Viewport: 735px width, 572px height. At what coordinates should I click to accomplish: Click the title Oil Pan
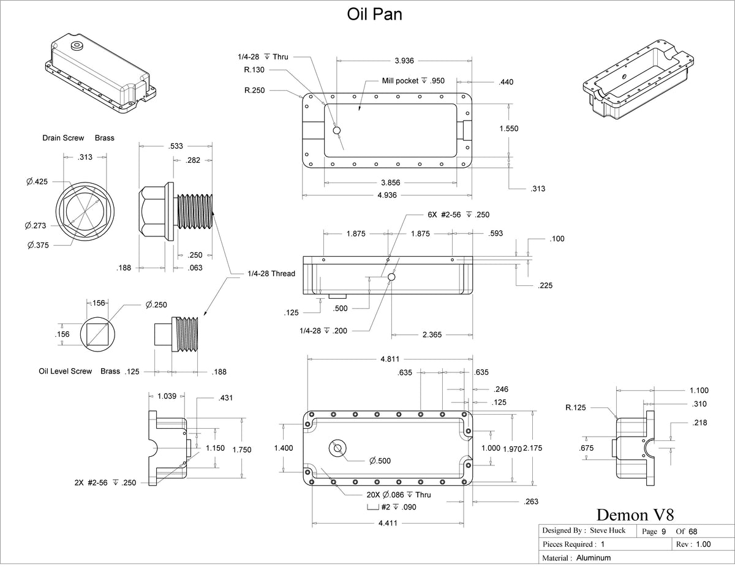pos(375,15)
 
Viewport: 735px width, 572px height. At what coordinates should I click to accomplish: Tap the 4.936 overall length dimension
pos(386,195)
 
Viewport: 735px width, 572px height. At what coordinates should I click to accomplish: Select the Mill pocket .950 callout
pos(405,81)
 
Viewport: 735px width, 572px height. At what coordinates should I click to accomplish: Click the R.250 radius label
pos(254,90)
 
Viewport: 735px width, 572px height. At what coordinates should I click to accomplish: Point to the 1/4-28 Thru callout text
pos(263,57)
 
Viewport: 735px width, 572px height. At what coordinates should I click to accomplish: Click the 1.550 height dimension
pos(509,129)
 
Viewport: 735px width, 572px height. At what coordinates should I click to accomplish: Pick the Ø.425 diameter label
pos(37,181)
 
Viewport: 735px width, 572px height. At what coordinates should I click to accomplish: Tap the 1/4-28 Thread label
pos(271,274)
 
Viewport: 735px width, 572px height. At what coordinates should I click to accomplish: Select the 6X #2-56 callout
pos(458,215)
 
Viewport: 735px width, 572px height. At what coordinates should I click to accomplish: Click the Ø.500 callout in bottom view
pos(380,461)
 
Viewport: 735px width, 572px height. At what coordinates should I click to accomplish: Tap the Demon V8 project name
pos(635,514)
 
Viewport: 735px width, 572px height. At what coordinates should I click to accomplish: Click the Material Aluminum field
pos(576,558)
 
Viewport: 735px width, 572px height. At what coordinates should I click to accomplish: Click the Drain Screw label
pos(63,138)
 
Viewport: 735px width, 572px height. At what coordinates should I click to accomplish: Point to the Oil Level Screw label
pos(65,371)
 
